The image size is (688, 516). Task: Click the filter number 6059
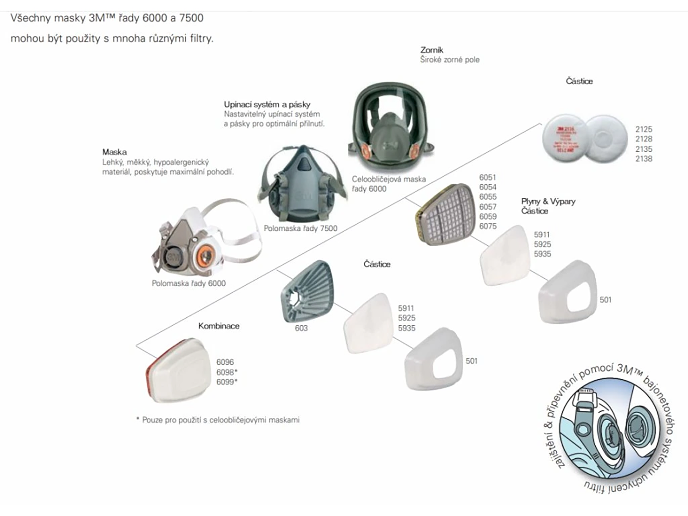(x=488, y=216)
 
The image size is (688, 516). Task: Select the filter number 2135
(x=644, y=149)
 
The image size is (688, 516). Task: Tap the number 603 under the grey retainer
(x=301, y=328)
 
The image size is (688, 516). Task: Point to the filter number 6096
(x=225, y=362)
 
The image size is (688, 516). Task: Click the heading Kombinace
(x=219, y=326)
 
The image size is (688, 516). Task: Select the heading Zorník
(x=432, y=50)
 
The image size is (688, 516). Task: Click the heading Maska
(x=114, y=152)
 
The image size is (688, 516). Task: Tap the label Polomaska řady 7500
(x=300, y=228)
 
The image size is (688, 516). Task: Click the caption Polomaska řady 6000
(x=189, y=283)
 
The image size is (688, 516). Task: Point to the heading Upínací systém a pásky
(x=267, y=104)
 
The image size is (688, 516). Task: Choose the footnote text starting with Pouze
(x=220, y=420)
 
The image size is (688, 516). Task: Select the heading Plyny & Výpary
(x=548, y=201)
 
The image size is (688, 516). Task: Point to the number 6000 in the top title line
(x=154, y=18)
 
